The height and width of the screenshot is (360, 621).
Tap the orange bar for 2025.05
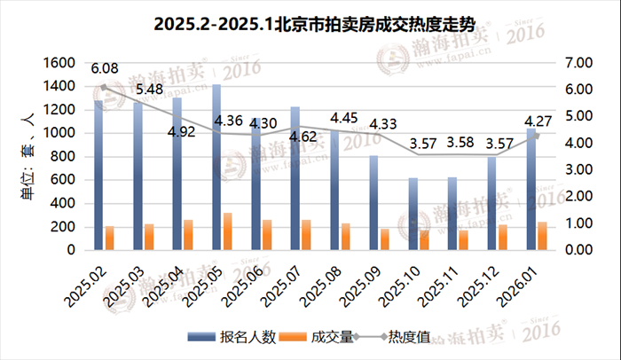point(227,231)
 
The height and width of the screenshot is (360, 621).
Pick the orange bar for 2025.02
point(110,239)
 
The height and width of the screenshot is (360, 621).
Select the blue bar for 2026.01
point(531,189)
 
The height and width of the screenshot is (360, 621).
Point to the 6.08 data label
point(105,68)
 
